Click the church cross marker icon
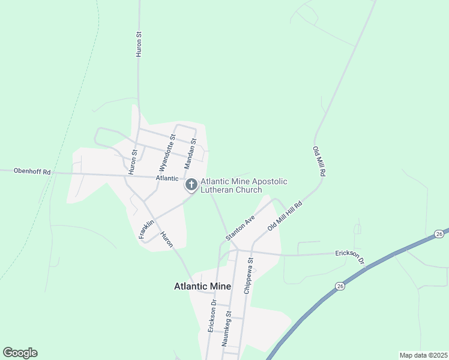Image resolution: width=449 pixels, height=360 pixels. coord(191,185)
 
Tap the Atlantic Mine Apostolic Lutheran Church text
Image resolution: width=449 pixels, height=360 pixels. coord(244,185)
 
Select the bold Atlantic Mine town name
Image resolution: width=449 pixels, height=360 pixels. coord(202,287)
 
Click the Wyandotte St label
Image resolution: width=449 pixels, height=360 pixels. coord(167,152)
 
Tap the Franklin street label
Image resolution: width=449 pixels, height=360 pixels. coord(146,229)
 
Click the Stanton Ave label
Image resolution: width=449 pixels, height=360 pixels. coord(241,228)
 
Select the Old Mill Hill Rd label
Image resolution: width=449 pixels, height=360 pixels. coord(285,217)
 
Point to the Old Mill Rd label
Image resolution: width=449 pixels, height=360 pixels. coord(319,161)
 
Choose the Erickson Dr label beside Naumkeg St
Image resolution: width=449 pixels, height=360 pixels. coord(212,316)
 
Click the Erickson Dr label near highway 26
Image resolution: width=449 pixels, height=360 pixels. coord(350,256)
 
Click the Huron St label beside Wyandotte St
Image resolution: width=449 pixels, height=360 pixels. coord(134,154)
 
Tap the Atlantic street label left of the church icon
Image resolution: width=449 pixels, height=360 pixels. coord(167,178)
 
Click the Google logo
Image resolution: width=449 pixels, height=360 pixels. coord(20,353)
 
